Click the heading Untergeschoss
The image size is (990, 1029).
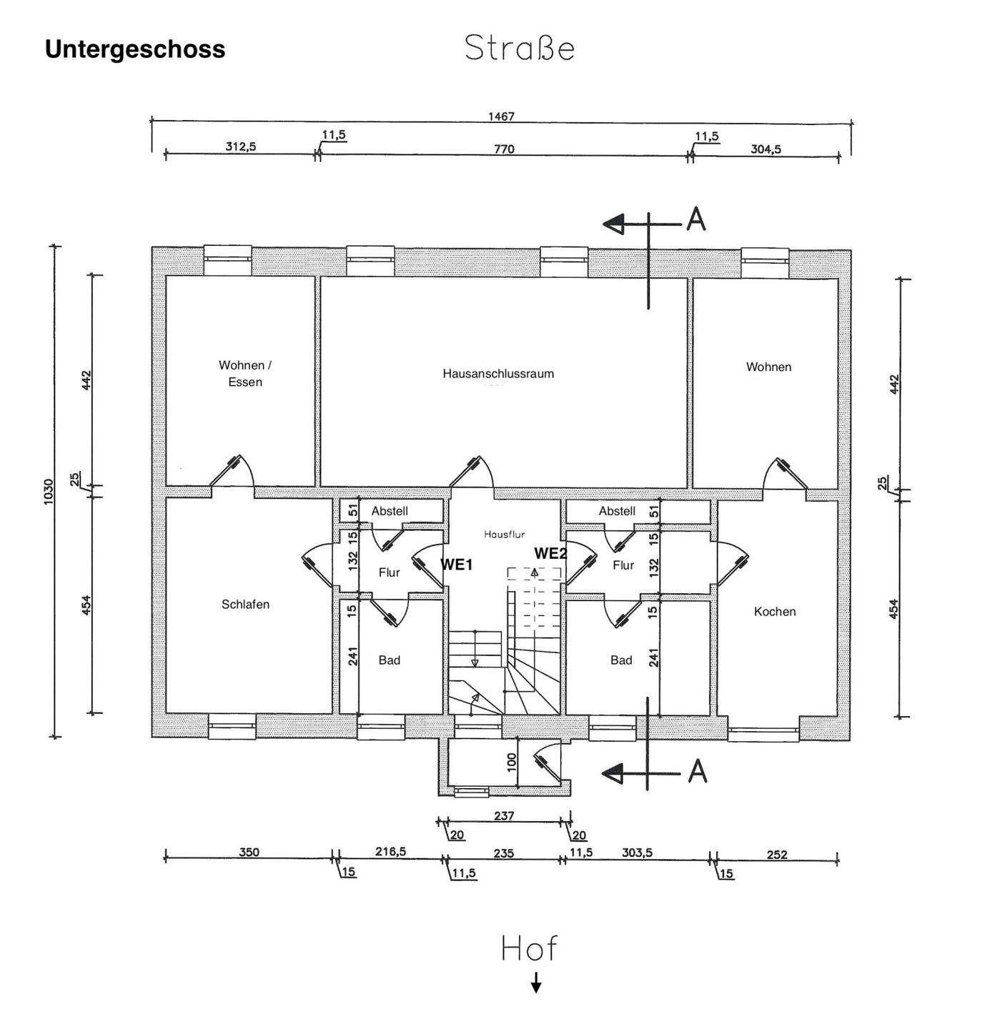pos(135,49)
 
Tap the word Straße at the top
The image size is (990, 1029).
pos(520,49)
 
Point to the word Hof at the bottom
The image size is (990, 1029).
pos(528,948)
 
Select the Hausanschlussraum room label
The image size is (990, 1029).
pos(498,373)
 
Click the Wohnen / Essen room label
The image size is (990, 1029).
pos(245,373)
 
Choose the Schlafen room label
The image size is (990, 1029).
pos(245,604)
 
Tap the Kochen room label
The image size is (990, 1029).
pos(775,611)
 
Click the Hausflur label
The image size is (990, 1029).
pos(504,534)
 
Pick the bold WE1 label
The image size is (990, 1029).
pos(457,565)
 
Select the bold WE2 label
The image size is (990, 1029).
pos(550,553)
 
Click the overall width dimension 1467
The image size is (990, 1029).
pos(501,116)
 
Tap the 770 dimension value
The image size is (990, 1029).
pos(504,149)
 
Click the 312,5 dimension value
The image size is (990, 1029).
pos(241,146)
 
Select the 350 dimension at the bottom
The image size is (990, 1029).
pos(249,852)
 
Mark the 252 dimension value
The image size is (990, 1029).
pos(776,854)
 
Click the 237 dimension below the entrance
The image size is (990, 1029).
pos(504,815)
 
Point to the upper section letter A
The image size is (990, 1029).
pos(696,219)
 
